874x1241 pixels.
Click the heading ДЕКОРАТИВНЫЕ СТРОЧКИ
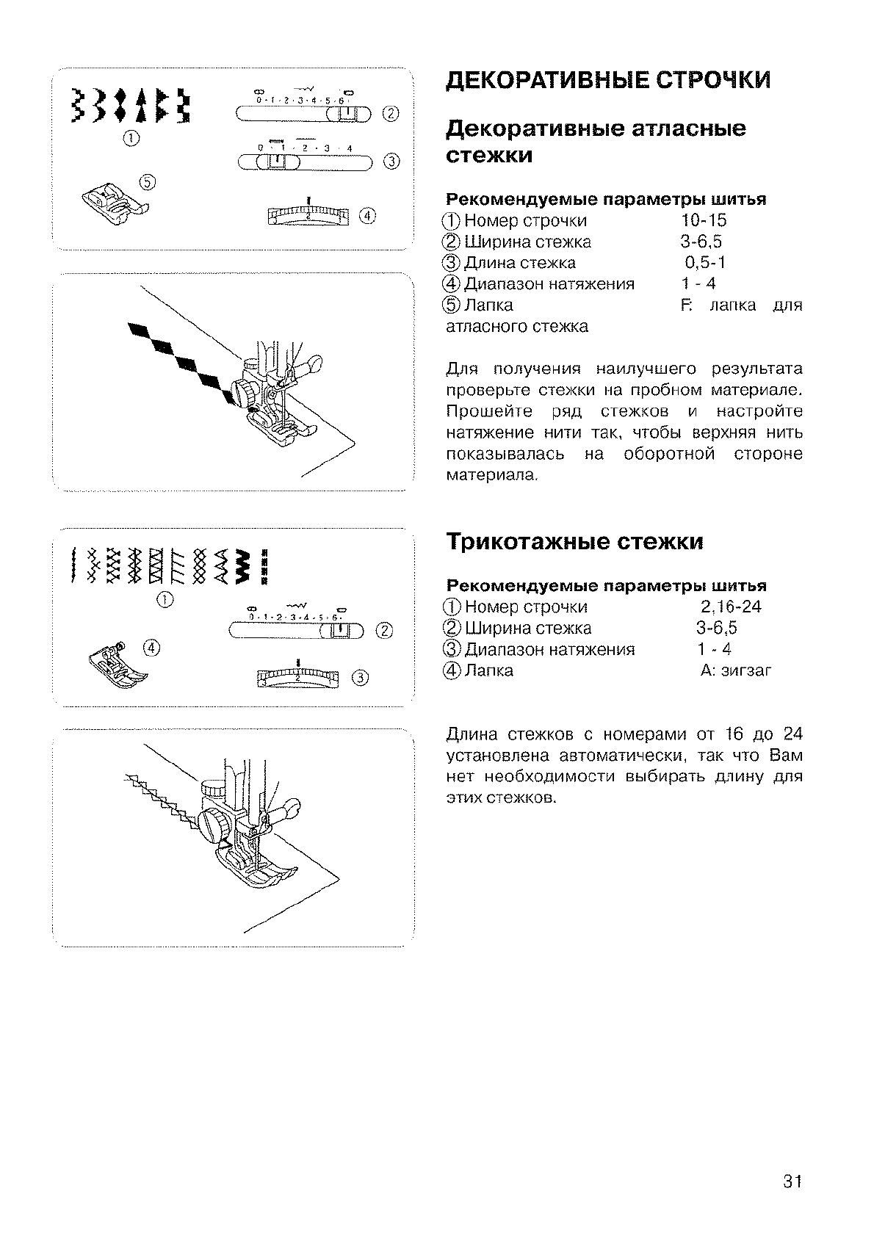tap(609, 80)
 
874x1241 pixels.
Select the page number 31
tap(791, 1182)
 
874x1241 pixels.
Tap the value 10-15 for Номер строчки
tap(703, 221)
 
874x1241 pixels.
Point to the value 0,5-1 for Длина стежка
tap(705, 263)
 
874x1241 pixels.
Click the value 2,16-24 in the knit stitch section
tap(730, 607)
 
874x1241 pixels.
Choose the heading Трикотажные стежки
tap(574, 542)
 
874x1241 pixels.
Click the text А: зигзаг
tap(735, 670)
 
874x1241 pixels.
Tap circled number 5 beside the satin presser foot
tap(147, 181)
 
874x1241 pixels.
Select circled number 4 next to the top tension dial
tap(367, 215)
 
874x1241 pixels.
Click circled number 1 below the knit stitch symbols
tap(165, 601)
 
